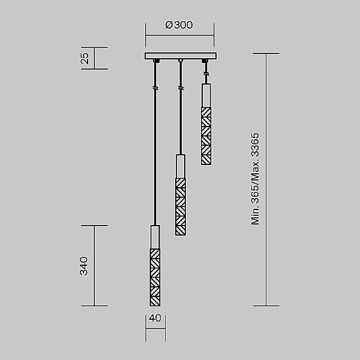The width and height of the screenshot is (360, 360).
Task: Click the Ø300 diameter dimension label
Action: click(x=179, y=25)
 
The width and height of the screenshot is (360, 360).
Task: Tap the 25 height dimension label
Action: click(x=85, y=58)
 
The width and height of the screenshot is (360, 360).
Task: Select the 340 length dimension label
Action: click(x=85, y=265)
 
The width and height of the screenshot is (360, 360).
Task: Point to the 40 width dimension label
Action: click(x=155, y=319)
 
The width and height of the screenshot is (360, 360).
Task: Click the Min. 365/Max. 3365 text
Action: click(x=256, y=179)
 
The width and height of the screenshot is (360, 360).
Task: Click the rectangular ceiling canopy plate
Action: click(x=180, y=56)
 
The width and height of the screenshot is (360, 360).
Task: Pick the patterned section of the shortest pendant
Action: click(x=206, y=136)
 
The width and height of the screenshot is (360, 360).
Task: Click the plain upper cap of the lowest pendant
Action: click(x=155, y=236)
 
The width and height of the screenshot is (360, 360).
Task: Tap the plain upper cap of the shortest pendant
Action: click(x=206, y=95)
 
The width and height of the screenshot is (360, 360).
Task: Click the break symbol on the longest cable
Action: click(x=155, y=88)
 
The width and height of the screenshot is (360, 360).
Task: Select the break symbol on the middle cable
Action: click(x=180, y=88)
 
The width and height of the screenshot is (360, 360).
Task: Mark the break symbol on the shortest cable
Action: click(x=206, y=74)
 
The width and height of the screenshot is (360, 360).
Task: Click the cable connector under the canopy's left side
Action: click(x=155, y=61)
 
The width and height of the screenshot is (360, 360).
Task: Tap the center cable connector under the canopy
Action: click(x=180, y=61)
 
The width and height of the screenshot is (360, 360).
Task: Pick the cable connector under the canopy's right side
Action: click(x=206, y=61)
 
